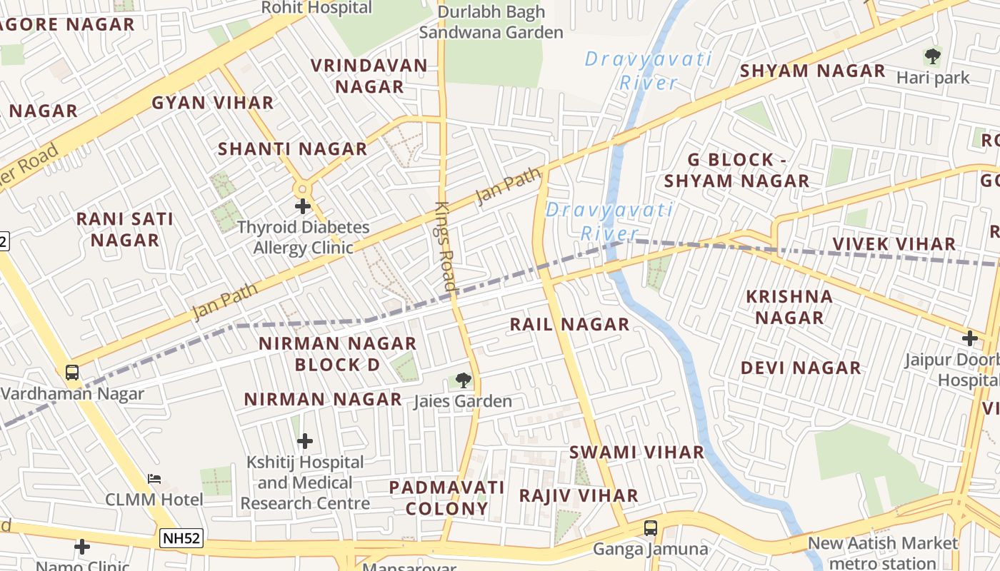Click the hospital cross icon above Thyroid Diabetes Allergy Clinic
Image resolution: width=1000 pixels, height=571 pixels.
pos(303,206)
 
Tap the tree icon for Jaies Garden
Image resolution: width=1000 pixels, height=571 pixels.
pos(464,380)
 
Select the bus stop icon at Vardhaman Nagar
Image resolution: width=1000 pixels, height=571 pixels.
pos(72,372)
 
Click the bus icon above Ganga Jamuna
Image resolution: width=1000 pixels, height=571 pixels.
pos(650,528)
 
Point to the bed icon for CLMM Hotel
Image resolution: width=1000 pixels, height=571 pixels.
pos(154,478)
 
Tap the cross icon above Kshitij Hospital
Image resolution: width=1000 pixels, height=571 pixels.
pos(305,441)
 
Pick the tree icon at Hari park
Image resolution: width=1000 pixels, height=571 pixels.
pos(932,56)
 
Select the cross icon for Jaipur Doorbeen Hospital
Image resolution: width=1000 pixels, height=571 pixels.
pos(969,338)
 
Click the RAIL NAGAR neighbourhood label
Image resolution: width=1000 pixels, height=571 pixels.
pos(569,325)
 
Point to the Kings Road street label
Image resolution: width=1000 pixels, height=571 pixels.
pos(446,246)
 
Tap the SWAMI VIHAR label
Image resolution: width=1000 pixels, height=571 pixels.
pos(636,453)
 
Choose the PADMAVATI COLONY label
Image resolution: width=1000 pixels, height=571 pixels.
pos(446,498)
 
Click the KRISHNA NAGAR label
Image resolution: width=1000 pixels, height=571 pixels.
pos(789,307)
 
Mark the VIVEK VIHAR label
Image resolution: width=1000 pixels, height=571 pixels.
pos(894,244)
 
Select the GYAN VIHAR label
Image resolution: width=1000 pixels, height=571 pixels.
pos(213,103)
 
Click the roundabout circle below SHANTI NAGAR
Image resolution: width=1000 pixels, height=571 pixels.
pos(303,188)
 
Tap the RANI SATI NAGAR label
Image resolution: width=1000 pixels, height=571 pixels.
pos(125,229)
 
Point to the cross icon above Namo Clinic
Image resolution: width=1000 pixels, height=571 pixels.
pos(82,547)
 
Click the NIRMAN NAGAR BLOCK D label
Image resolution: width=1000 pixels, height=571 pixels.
pos(337,354)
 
